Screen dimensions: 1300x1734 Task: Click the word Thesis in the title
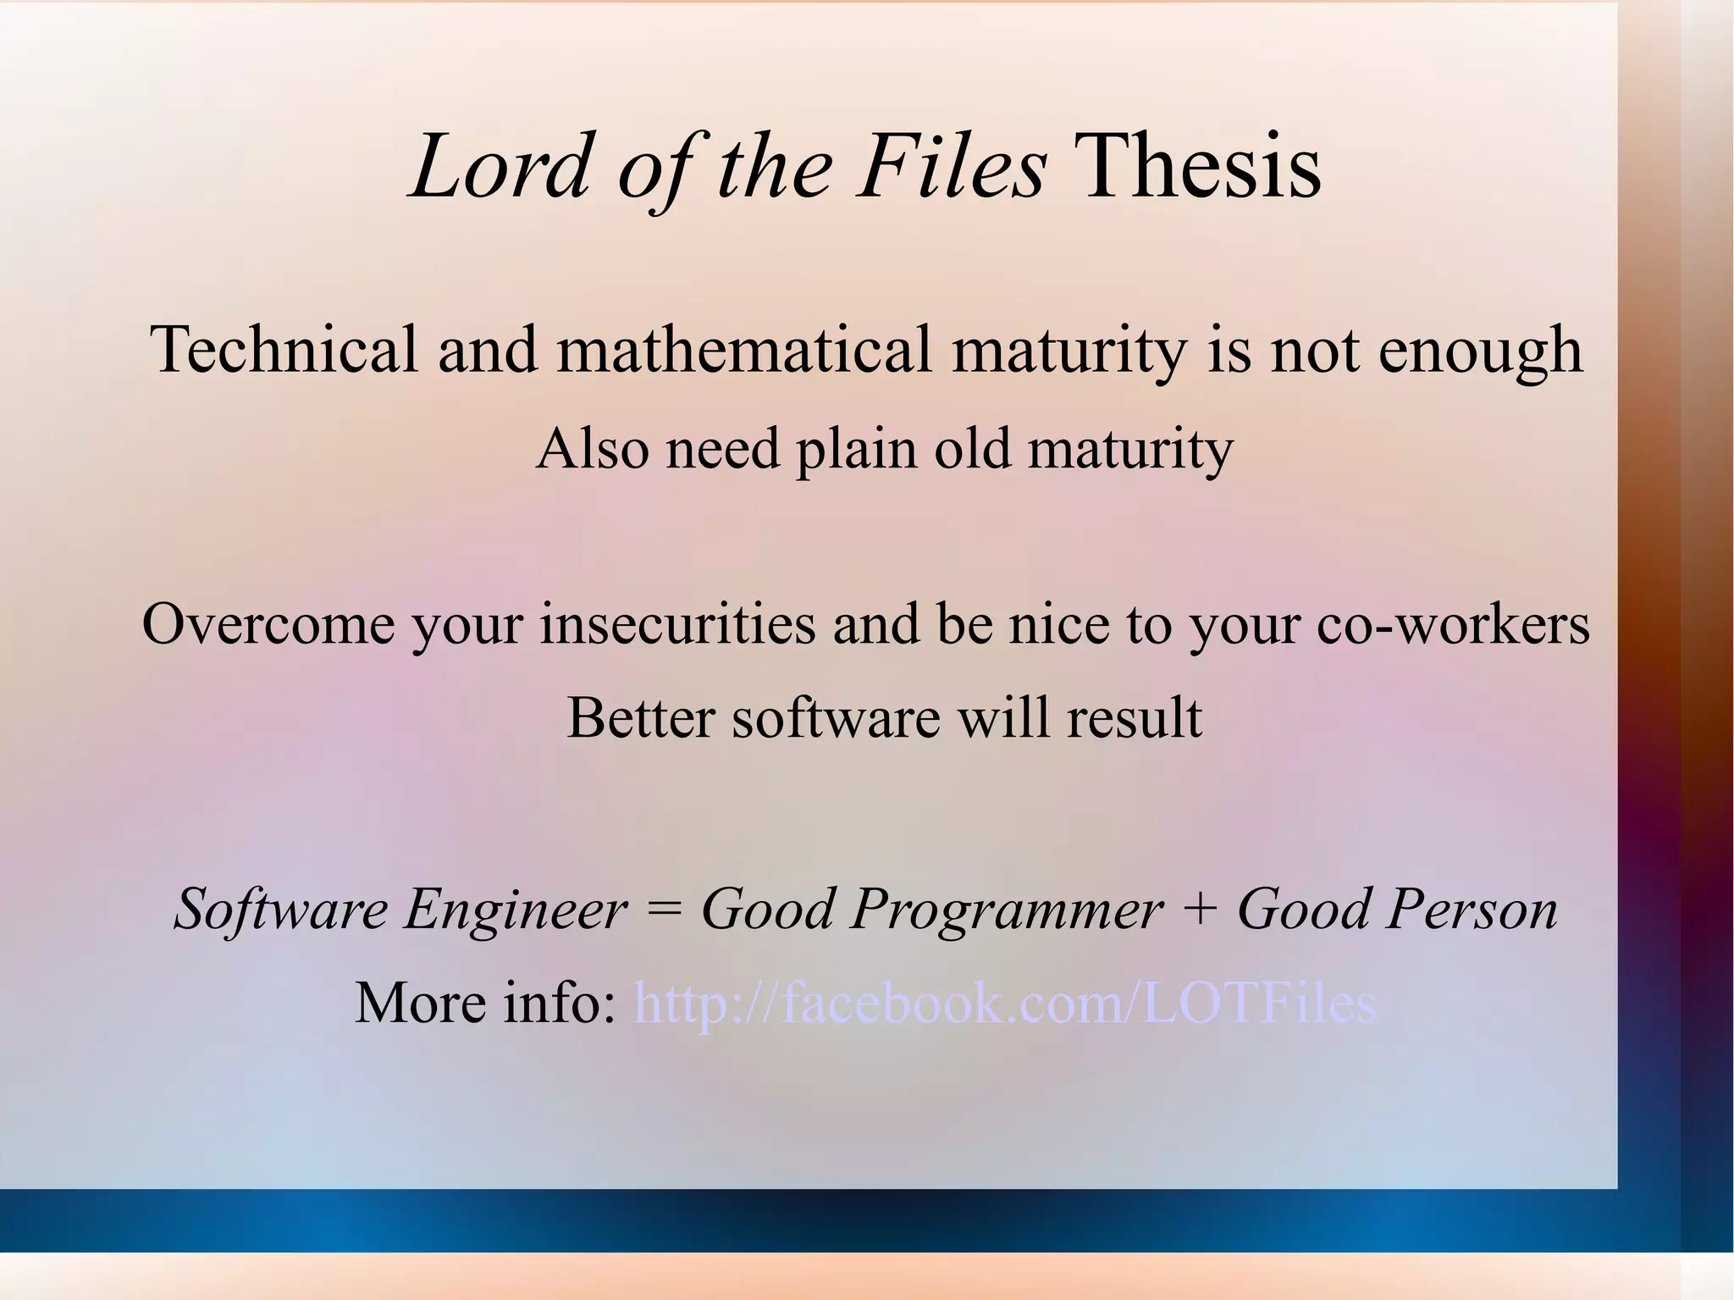point(1201,168)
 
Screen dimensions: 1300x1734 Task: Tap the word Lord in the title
point(500,168)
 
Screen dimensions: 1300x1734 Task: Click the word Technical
point(284,350)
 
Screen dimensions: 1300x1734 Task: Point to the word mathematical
point(744,350)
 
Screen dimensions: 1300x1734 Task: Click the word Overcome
point(268,624)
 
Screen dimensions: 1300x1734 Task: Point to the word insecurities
point(676,624)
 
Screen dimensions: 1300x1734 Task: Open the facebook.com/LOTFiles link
point(1006,1004)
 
